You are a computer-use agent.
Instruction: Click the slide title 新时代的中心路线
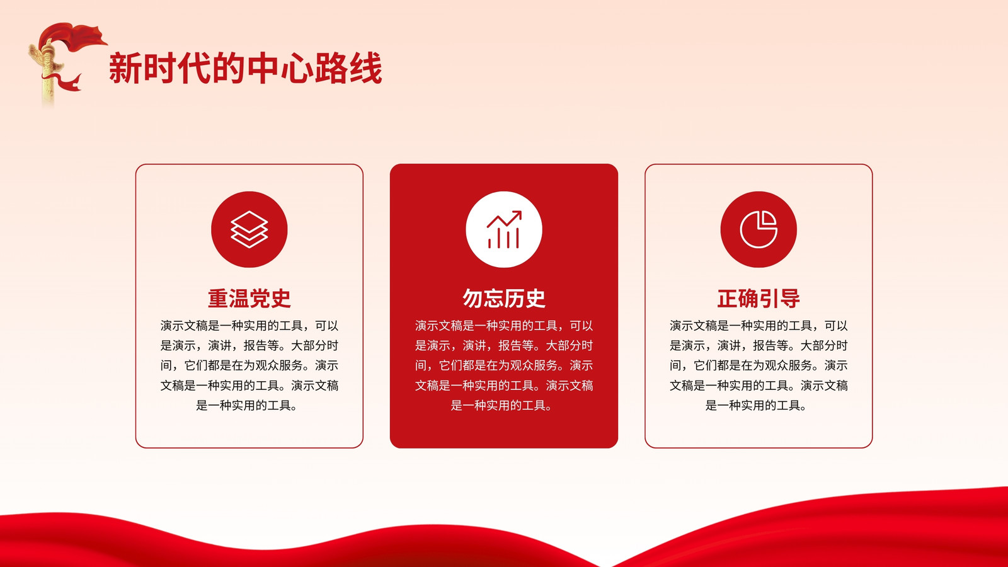245,68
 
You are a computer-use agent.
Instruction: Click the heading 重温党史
249,299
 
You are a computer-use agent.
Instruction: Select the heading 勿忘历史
504,299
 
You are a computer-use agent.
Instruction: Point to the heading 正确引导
759,299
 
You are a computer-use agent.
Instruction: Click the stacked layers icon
249,229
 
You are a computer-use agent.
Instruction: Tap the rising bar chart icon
504,229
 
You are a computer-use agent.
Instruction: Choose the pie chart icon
759,229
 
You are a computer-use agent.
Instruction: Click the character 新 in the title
125,68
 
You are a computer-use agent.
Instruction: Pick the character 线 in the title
366,68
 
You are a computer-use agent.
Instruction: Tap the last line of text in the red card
501,406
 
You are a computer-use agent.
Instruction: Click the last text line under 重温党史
246,406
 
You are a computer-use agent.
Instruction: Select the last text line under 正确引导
755,406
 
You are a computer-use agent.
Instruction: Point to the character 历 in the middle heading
514,299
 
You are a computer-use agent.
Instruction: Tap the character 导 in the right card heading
791,299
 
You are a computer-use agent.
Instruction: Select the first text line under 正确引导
759,325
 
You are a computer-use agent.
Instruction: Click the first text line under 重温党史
249,325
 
